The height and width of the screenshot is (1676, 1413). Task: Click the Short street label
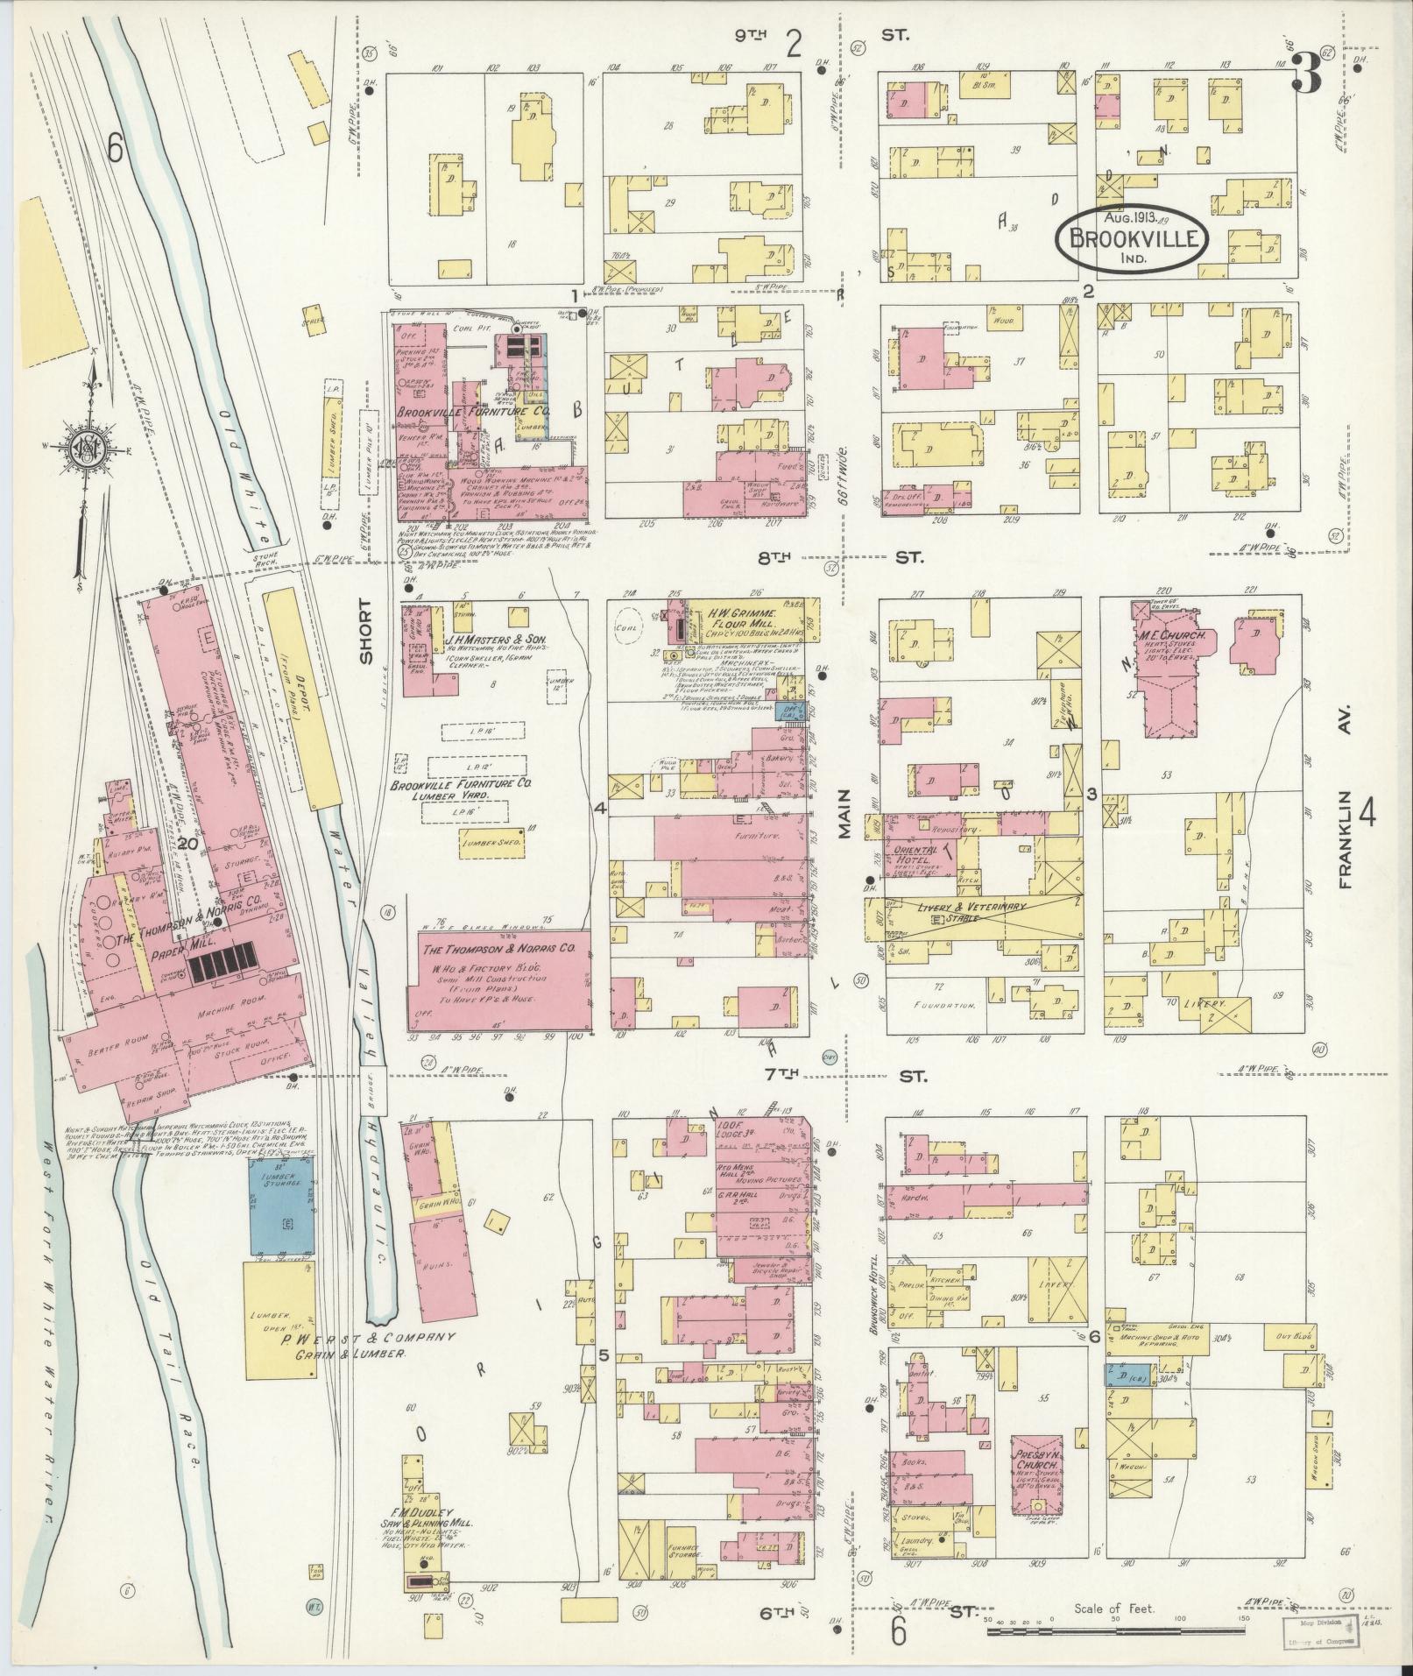(365, 631)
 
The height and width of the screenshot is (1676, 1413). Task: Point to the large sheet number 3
(1305, 74)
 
